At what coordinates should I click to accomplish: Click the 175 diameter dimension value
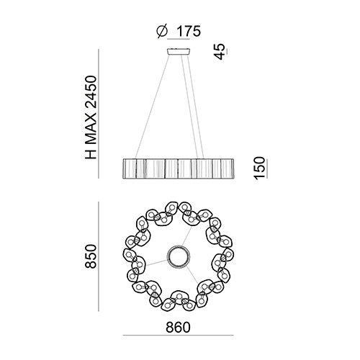tap(189, 31)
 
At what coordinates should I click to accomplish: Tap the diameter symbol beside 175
tap(162, 32)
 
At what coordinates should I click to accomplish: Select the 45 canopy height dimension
tap(220, 51)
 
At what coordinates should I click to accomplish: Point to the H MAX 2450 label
tap(91, 117)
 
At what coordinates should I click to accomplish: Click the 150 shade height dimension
tap(259, 168)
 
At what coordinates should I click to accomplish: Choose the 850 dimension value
tap(91, 256)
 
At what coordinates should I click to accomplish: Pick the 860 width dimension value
tap(178, 328)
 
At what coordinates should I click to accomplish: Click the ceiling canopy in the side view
tap(179, 52)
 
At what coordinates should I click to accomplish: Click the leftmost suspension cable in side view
tap(152, 107)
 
